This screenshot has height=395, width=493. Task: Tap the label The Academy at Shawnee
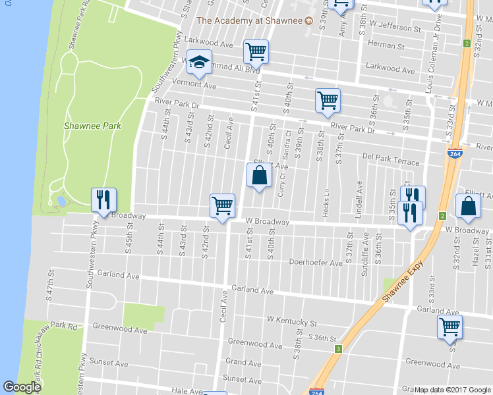(x=249, y=20)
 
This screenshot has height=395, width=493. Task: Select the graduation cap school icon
(x=198, y=63)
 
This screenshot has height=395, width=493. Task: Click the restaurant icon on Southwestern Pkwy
(x=103, y=199)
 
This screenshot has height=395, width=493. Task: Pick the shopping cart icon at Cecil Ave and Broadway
(x=223, y=205)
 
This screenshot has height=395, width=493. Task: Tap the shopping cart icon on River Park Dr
(x=328, y=101)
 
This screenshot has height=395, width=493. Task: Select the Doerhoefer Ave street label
(x=316, y=262)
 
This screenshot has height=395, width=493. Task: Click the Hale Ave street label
(x=188, y=390)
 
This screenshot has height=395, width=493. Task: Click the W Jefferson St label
(x=395, y=29)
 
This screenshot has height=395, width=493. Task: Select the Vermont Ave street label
(x=194, y=86)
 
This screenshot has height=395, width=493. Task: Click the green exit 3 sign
(x=338, y=348)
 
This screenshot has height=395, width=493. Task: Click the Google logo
(x=22, y=387)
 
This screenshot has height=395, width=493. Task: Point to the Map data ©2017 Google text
(x=452, y=390)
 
